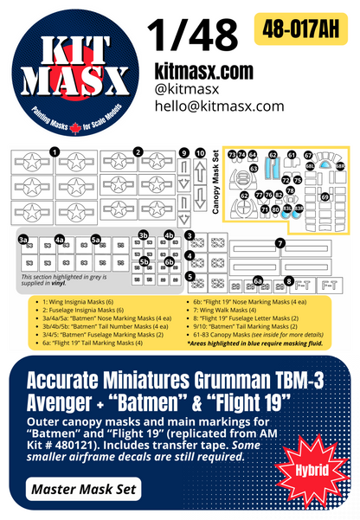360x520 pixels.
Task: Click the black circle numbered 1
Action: pos(55,152)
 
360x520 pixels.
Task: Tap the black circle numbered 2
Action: pos(138,152)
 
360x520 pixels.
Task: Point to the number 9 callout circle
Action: pos(183,153)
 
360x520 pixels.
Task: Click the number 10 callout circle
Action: pos(201,153)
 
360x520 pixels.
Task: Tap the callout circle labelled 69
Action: pos(326,196)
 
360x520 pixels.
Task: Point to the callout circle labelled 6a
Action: pos(258,279)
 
